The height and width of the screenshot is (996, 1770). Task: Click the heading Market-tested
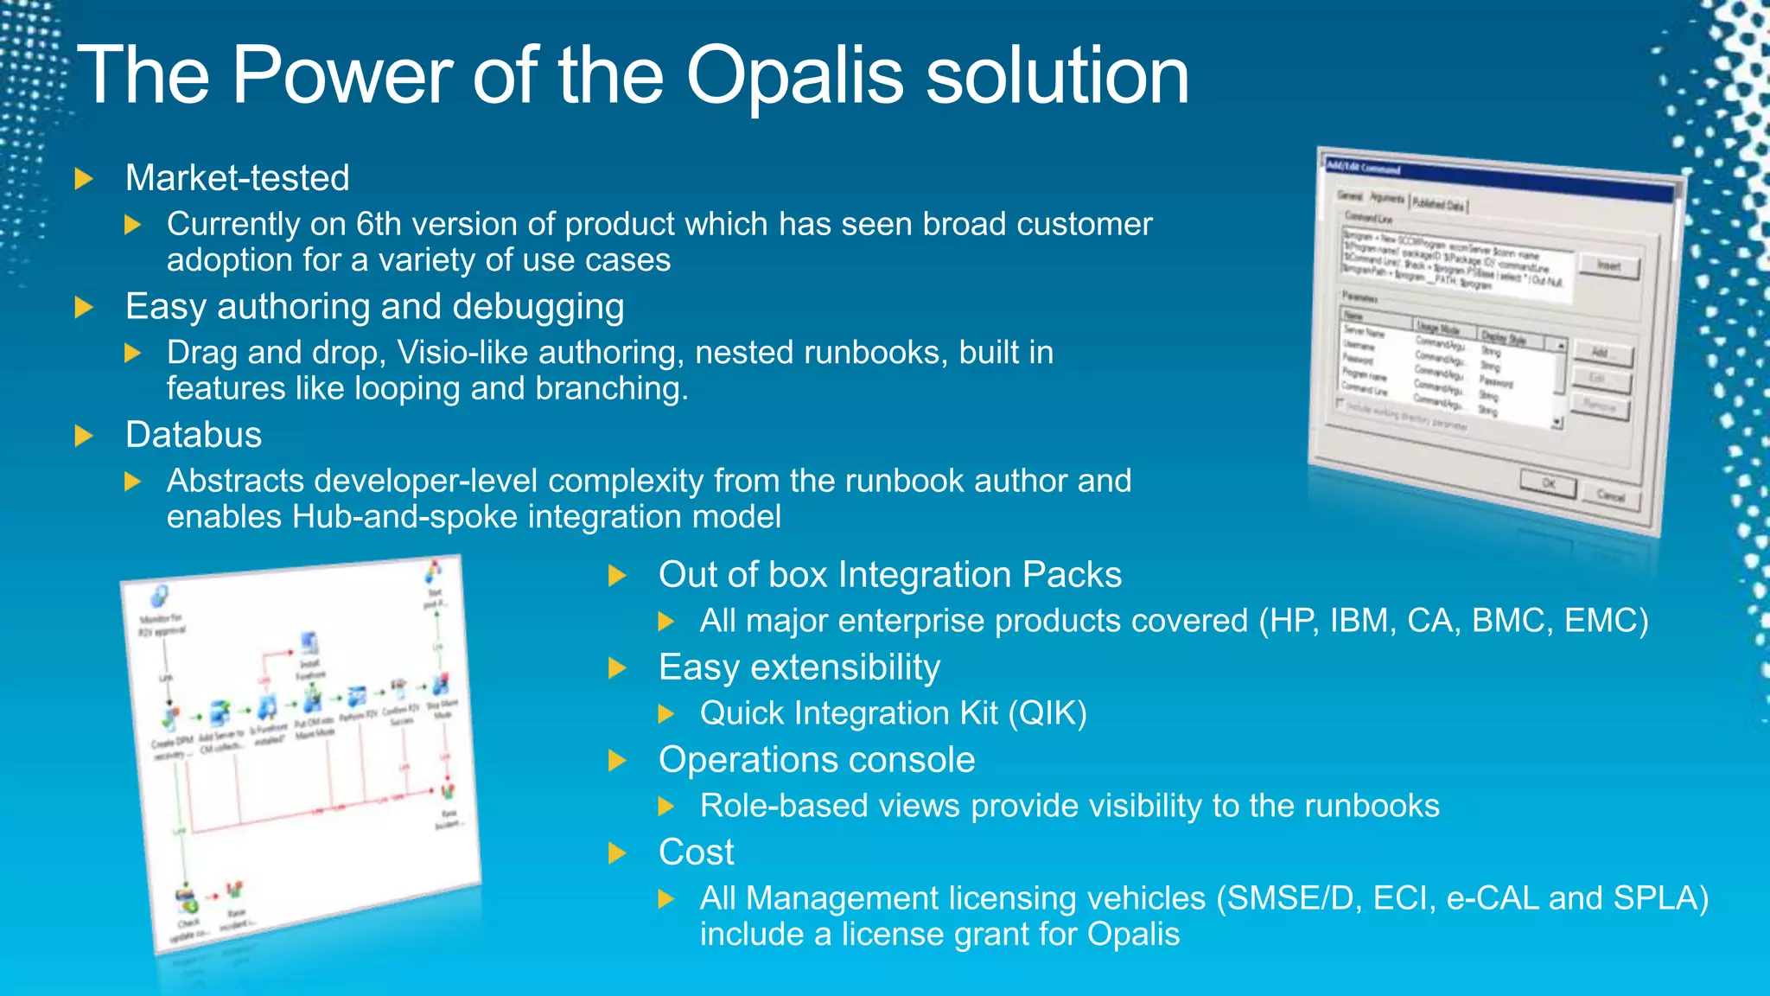pyautogui.click(x=238, y=178)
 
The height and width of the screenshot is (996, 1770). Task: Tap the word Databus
pyautogui.click(x=194, y=435)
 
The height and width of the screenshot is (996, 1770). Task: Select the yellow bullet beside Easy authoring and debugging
pyautogui.click(x=84, y=308)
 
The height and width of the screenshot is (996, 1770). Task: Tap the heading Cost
pyautogui.click(x=696, y=852)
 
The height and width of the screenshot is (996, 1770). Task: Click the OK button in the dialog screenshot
pyautogui.click(x=1548, y=484)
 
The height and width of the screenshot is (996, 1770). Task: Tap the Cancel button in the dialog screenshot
pyautogui.click(x=1611, y=495)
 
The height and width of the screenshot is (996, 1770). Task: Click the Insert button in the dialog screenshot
pyautogui.click(x=1608, y=266)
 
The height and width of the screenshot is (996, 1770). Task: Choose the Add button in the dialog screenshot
pyautogui.click(x=1601, y=353)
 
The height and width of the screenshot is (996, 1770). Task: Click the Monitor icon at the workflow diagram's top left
pyautogui.click(x=159, y=596)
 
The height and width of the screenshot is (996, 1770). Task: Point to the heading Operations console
pyautogui.click(x=817, y=760)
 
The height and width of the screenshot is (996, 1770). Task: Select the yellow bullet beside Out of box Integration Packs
pyautogui.click(x=617, y=576)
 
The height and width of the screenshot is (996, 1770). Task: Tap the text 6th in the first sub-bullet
pyautogui.click(x=378, y=225)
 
